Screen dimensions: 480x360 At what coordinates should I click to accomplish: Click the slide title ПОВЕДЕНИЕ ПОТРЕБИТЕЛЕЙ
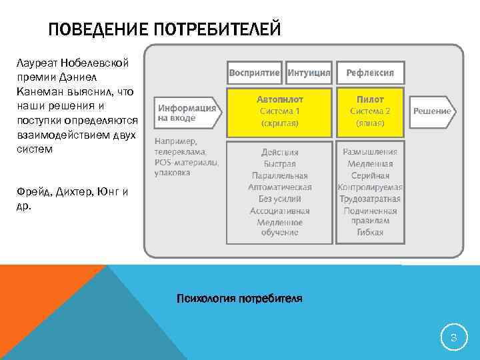point(165,30)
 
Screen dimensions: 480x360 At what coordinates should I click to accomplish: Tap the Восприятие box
point(255,72)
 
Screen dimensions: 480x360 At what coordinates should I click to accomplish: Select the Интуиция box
point(309,72)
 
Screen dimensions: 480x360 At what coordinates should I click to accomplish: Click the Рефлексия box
point(370,72)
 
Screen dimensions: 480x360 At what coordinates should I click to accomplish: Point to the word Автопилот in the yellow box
point(280,99)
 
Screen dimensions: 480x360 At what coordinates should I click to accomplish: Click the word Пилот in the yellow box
point(370,99)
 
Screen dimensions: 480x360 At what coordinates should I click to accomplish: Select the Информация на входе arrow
point(187,113)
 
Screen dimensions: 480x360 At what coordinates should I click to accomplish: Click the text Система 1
point(280,111)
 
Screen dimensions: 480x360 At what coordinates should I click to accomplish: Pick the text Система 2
point(370,111)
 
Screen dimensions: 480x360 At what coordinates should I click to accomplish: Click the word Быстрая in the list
point(280,164)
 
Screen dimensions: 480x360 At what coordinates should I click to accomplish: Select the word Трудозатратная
point(370,199)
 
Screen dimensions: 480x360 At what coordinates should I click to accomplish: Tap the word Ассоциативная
point(280,211)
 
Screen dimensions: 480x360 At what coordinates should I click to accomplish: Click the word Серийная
point(370,175)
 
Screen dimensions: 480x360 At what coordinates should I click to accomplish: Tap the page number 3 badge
point(453,339)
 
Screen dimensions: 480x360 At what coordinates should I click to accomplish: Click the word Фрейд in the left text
point(31,193)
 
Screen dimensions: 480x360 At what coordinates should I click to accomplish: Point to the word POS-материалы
point(186,161)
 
